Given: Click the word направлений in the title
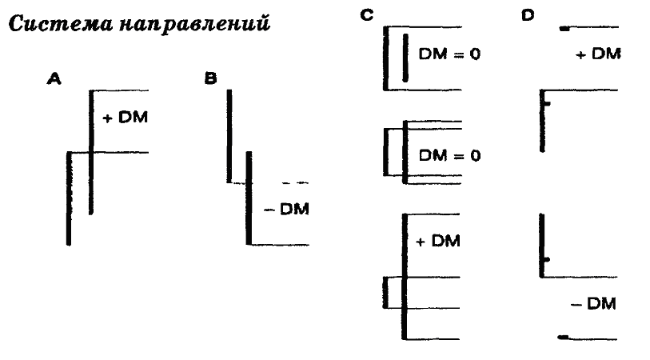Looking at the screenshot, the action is click(x=195, y=24).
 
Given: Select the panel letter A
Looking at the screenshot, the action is click(x=54, y=78).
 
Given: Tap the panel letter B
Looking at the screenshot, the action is click(x=210, y=78).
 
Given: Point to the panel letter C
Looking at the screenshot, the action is click(x=367, y=15).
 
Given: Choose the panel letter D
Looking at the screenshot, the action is click(x=528, y=15).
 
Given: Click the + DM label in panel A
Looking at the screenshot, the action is click(x=126, y=118).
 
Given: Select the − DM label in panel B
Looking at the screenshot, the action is click(x=286, y=209).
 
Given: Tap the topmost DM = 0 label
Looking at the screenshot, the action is click(x=449, y=54).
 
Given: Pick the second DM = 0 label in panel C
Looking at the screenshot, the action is click(x=449, y=155).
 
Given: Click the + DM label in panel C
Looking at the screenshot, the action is click(x=438, y=241).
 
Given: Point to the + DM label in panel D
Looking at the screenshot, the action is click(x=598, y=54).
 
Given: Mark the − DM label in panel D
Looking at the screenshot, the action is click(x=593, y=303).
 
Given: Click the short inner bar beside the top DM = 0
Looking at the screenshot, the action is click(x=405, y=58).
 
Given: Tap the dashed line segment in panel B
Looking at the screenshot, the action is click(x=295, y=182).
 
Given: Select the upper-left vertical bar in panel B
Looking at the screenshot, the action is click(x=229, y=136).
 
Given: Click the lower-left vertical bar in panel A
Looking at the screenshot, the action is click(x=69, y=198).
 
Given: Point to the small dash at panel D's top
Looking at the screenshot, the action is click(x=564, y=29).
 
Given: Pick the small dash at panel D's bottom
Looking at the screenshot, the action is click(x=564, y=337).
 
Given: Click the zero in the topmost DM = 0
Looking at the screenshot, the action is click(x=475, y=54).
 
